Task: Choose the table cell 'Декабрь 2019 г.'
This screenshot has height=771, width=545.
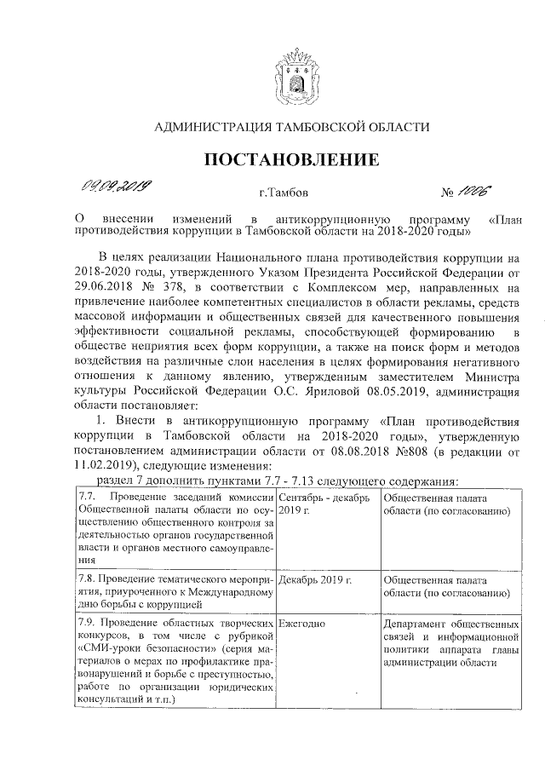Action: [x=315, y=578]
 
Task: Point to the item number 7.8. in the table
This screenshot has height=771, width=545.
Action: [x=87, y=578]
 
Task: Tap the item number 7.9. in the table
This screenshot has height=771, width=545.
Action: [x=87, y=624]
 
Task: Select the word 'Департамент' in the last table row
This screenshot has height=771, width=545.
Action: [x=417, y=624]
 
